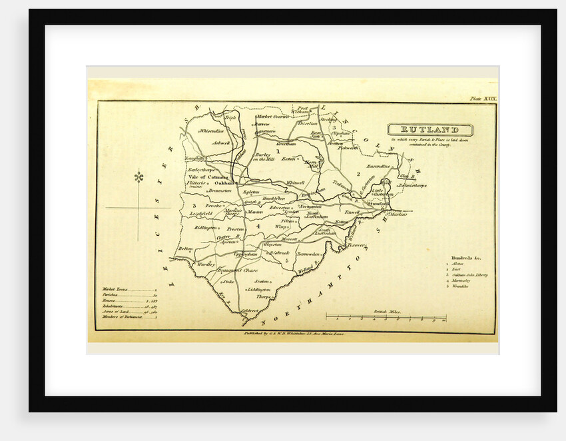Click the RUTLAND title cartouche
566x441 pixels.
tap(431, 130)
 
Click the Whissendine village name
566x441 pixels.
tap(211, 131)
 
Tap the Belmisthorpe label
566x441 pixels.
tap(413, 186)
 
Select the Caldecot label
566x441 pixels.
tap(250, 310)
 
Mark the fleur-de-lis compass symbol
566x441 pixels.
tap(139, 177)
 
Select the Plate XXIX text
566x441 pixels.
tap(483, 99)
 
